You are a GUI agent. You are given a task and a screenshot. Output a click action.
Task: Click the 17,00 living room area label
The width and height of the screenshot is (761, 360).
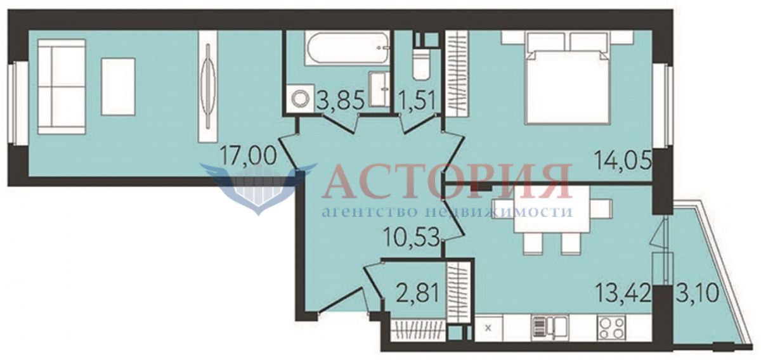248,156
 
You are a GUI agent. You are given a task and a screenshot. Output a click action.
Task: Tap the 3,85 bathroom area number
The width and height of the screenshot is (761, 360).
341,100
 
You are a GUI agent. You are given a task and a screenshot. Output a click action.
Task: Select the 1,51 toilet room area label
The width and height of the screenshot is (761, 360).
417,100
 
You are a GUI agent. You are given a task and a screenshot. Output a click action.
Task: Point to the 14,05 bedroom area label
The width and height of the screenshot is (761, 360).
623,160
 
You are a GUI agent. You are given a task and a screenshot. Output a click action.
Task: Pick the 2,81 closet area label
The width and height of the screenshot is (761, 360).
418,293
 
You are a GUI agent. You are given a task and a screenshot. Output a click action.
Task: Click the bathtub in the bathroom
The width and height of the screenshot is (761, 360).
347,48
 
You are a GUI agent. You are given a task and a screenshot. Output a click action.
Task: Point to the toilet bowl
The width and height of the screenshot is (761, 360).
421,65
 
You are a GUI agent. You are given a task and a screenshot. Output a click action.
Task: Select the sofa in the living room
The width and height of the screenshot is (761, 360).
62,87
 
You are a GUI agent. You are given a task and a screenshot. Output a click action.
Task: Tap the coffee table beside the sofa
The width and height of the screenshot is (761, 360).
118,87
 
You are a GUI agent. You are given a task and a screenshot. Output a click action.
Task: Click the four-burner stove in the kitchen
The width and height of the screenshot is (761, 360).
612,328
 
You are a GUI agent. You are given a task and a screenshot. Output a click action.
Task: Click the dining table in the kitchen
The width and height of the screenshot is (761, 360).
552,209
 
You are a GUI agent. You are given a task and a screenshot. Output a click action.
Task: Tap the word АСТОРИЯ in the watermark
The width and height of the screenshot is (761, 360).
446,181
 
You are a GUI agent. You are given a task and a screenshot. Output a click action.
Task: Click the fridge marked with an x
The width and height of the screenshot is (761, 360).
488,328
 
